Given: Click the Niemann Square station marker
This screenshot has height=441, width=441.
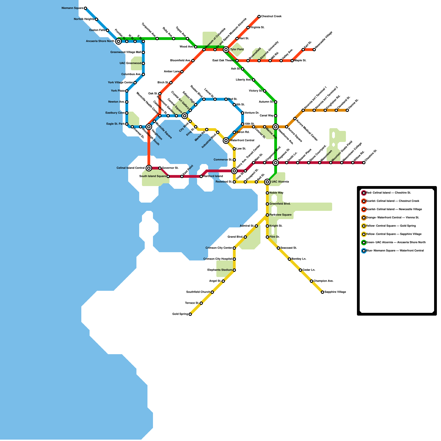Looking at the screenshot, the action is point(85,8).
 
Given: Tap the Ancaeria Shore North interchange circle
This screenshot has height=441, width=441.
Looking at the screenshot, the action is point(119,41).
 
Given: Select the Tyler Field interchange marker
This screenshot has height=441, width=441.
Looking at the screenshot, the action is point(226,50).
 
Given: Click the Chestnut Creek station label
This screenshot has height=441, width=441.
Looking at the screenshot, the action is point(271,17).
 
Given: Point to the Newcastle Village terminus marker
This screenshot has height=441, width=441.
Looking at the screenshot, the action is point(314,50).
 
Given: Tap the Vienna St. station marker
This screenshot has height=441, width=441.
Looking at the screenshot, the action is point(347,110).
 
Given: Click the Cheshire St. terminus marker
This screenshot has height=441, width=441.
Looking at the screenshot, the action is point(364,163).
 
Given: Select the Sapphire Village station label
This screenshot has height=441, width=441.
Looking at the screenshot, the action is point(335,292).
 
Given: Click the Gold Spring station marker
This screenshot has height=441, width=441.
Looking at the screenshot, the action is point(190,314).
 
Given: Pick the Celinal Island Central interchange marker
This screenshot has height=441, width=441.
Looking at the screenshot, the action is point(149,168).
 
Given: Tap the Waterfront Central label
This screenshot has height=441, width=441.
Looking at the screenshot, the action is point(242,141).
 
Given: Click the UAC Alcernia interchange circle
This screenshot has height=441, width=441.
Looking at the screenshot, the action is point(267,182).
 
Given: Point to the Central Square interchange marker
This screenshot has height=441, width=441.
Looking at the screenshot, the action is point(185,116).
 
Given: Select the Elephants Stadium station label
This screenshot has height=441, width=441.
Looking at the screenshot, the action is point(220,270).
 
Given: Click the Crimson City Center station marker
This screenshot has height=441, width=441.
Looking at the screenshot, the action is point(234,248).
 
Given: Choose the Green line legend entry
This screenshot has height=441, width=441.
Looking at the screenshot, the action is point(396,243).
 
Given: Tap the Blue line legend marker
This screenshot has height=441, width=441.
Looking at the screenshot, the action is point(364,251).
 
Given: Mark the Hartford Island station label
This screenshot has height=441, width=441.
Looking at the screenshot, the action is point(213,176).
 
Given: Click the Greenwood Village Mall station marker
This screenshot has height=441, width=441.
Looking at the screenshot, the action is point(143,52).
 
